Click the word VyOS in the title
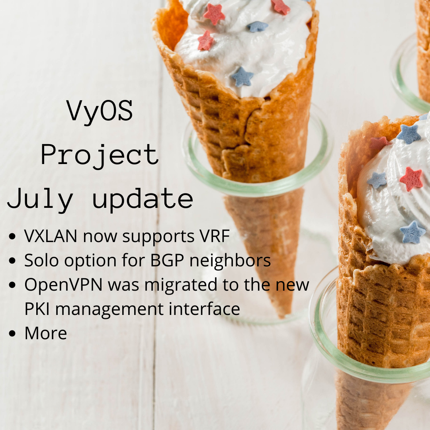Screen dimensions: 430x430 click(x=100, y=111)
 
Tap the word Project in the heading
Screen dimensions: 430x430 click(x=100, y=155)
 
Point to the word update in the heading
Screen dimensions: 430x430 click(x=143, y=199)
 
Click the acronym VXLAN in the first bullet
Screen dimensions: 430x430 click(x=51, y=236)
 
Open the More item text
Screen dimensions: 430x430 click(x=45, y=333)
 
